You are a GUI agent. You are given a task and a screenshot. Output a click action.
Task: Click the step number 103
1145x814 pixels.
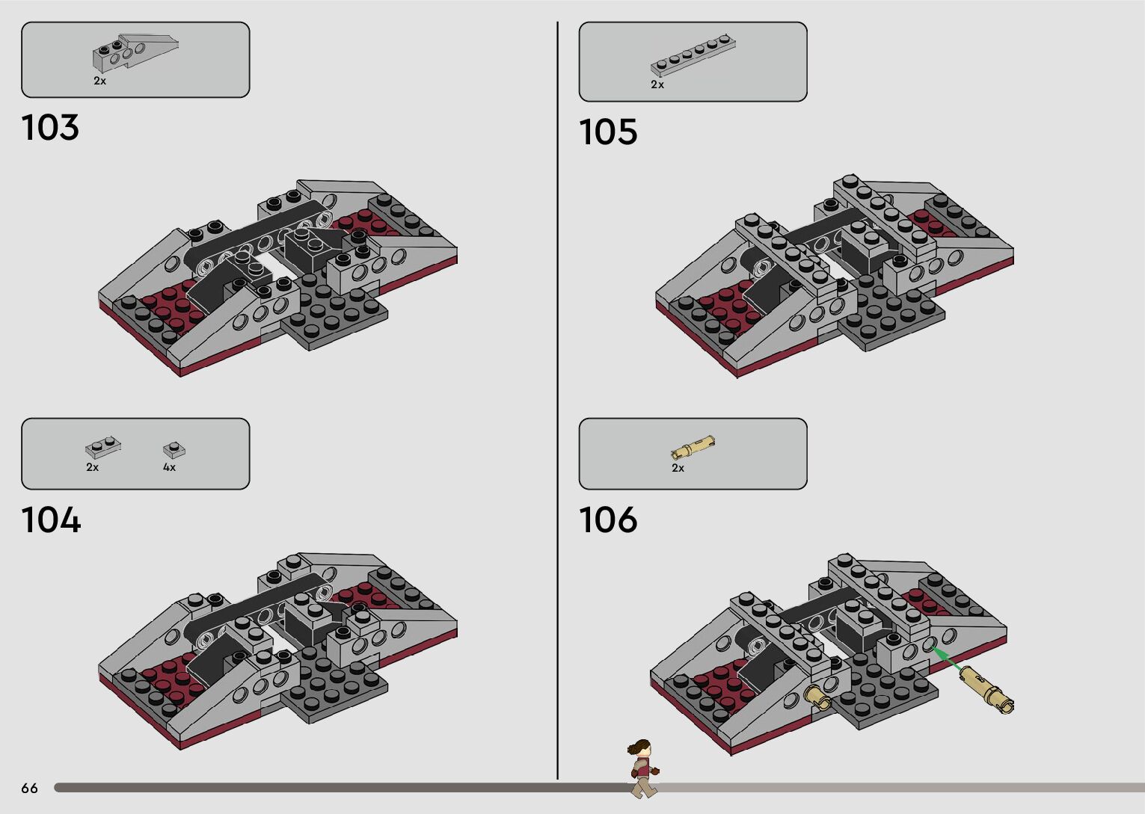click(x=50, y=128)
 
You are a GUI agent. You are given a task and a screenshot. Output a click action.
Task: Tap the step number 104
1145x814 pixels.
click(x=51, y=520)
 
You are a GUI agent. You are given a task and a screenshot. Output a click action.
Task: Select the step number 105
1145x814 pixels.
click(x=608, y=132)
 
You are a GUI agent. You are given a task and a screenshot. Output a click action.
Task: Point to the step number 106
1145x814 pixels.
click(x=608, y=520)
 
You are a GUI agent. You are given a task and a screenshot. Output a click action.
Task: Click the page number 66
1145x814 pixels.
click(x=29, y=788)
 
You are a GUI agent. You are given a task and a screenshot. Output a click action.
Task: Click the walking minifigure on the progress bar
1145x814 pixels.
click(x=642, y=767)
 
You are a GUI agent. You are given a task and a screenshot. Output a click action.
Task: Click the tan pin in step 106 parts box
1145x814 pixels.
click(x=693, y=448)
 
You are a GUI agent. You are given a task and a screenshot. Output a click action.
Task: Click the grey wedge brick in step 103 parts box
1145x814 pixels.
click(x=135, y=52)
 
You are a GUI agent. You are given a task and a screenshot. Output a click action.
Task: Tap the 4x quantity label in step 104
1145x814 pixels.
click(x=169, y=467)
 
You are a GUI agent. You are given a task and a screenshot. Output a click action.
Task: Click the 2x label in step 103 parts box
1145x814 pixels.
click(x=99, y=81)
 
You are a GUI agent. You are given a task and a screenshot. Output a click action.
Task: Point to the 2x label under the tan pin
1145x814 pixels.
click(x=678, y=468)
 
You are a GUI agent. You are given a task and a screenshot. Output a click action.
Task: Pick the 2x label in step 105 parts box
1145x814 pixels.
click(x=657, y=85)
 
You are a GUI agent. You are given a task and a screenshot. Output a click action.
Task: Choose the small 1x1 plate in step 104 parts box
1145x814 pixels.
click(x=174, y=450)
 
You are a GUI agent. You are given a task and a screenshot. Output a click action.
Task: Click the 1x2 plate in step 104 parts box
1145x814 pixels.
click(x=102, y=448)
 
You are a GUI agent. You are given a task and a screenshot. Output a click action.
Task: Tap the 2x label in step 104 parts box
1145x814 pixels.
click(x=92, y=467)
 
